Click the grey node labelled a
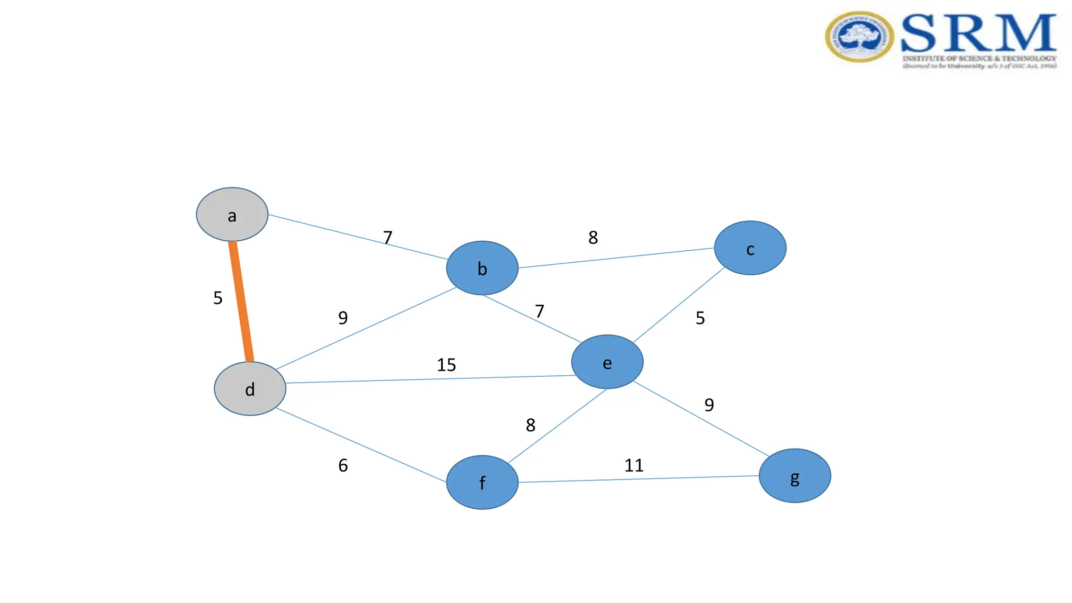tap(232, 215)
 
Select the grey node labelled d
tap(250, 389)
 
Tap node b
tap(482, 268)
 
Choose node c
tap(750, 248)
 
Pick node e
tap(607, 362)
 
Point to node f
tap(482, 482)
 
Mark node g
tap(795, 476)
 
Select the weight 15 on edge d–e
tap(446, 365)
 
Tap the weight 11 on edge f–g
tap(634, 465)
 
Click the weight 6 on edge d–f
tap(343, 465)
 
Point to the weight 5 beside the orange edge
tap(218, 298)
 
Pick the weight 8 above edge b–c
tap(593, 238)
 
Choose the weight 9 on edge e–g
tap(709, 405)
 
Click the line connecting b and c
tap(616, 258)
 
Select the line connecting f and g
tap(639, 479)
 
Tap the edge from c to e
tap(679, 305)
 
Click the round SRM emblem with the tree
tap(859, 37)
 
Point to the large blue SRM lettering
tap(978, 33)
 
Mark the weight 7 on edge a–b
tap(388, 238)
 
